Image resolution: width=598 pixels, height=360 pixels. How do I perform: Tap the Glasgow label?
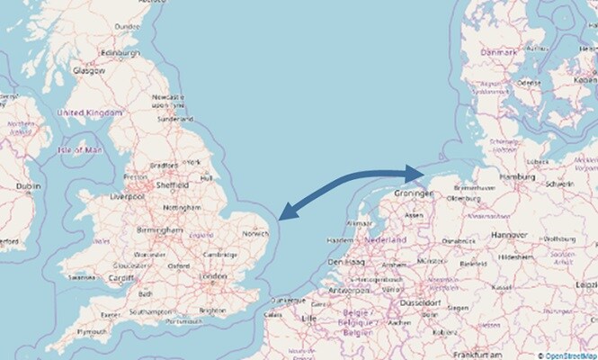click(90, 69)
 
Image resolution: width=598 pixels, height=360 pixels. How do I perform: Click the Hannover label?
click(510, 234)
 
